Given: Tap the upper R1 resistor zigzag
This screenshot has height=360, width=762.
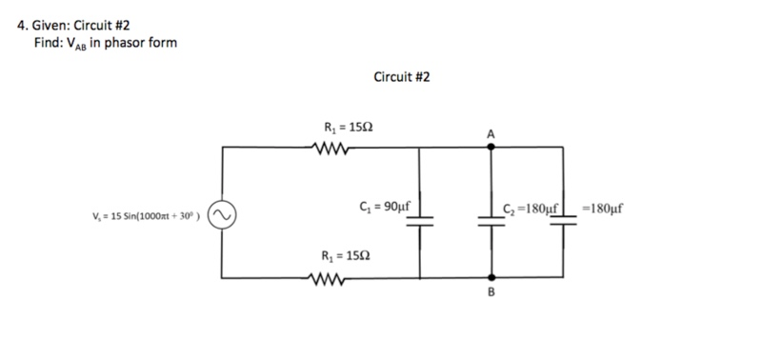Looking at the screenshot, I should pyautogui.click(x=334, y=147).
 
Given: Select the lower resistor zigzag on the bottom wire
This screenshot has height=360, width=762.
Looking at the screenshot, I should pyautogui.click(x=334, y=278).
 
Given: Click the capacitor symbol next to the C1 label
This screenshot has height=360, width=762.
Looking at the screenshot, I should pyautogui.click(x=422, y=218).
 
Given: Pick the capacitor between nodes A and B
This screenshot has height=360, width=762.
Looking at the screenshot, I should pyautogui.click(x=491, y=218).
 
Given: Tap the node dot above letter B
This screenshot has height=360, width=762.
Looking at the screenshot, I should pyautogui.click(x=491, y=278).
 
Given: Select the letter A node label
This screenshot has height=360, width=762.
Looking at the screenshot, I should pyautogui.click(x=491, y=134).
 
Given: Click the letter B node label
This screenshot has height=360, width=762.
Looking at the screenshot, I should pyautogui.click(x=491, y=293).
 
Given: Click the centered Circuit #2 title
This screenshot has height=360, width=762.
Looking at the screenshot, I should pyautogui.click(x=401, y=76).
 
